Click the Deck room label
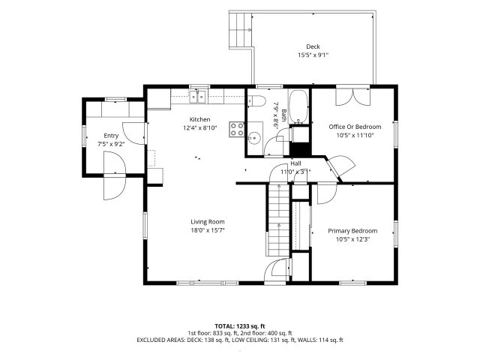coord(313,46)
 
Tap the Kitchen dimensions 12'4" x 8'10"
coord(200,127)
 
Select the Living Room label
coord(208,222)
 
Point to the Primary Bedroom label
coord(352,231)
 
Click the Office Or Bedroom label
coord(355,127)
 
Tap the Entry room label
coord(111,136)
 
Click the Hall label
coord(295,163)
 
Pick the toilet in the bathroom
coord(256,100)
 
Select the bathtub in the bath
coord(298,106)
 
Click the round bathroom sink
coord(253,138)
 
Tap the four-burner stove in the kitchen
coord(237,129)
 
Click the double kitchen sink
coord(197,97)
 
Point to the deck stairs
coord(240,30)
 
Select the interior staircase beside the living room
coord(277,220)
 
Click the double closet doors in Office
coord(353,97)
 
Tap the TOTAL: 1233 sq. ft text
coord(240,326)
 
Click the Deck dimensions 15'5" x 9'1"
coord(313,55)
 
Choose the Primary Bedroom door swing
coord(327,193)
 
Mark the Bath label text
coord(283,115)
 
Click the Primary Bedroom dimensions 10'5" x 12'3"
coord(352,239)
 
